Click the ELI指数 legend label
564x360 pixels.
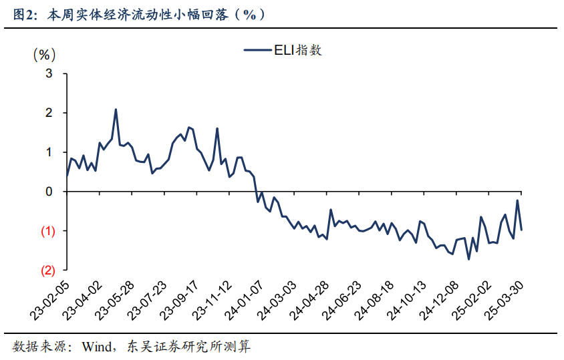tap(297, 50)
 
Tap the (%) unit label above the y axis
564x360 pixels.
tap(45, 54)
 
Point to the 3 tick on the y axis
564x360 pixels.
tap(48, 73)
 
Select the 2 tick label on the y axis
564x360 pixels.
tap(48, 113)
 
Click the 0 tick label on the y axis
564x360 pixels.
tap(48, 192)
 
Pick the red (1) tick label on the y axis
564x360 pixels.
tap(47, 231)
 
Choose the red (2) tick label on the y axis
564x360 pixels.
tap(47, 271)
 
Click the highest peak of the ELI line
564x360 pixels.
tap(116, 110)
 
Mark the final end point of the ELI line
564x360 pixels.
tap(521, 230)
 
